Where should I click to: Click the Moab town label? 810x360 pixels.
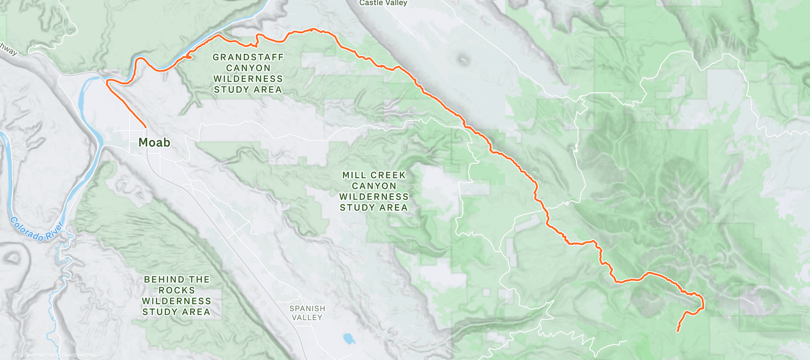154,142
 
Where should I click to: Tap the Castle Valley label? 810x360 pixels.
383,3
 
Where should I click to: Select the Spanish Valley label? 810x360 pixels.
307,313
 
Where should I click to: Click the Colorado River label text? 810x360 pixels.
36,229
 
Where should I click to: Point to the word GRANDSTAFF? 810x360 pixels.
248,57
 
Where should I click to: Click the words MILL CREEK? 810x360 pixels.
374,175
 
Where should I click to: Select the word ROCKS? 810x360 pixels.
177,290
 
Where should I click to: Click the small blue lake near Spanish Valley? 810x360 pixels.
349,339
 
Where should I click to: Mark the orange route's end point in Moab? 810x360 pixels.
145,127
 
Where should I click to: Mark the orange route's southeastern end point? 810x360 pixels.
677,331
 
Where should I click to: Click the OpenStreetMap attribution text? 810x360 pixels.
78,355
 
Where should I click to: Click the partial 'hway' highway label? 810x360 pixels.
8,49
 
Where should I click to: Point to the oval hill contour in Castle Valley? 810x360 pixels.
463,59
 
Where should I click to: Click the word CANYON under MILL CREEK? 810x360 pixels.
374,186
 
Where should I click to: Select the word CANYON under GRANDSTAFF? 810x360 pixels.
248,68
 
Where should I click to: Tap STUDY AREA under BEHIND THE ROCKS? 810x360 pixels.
176,312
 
